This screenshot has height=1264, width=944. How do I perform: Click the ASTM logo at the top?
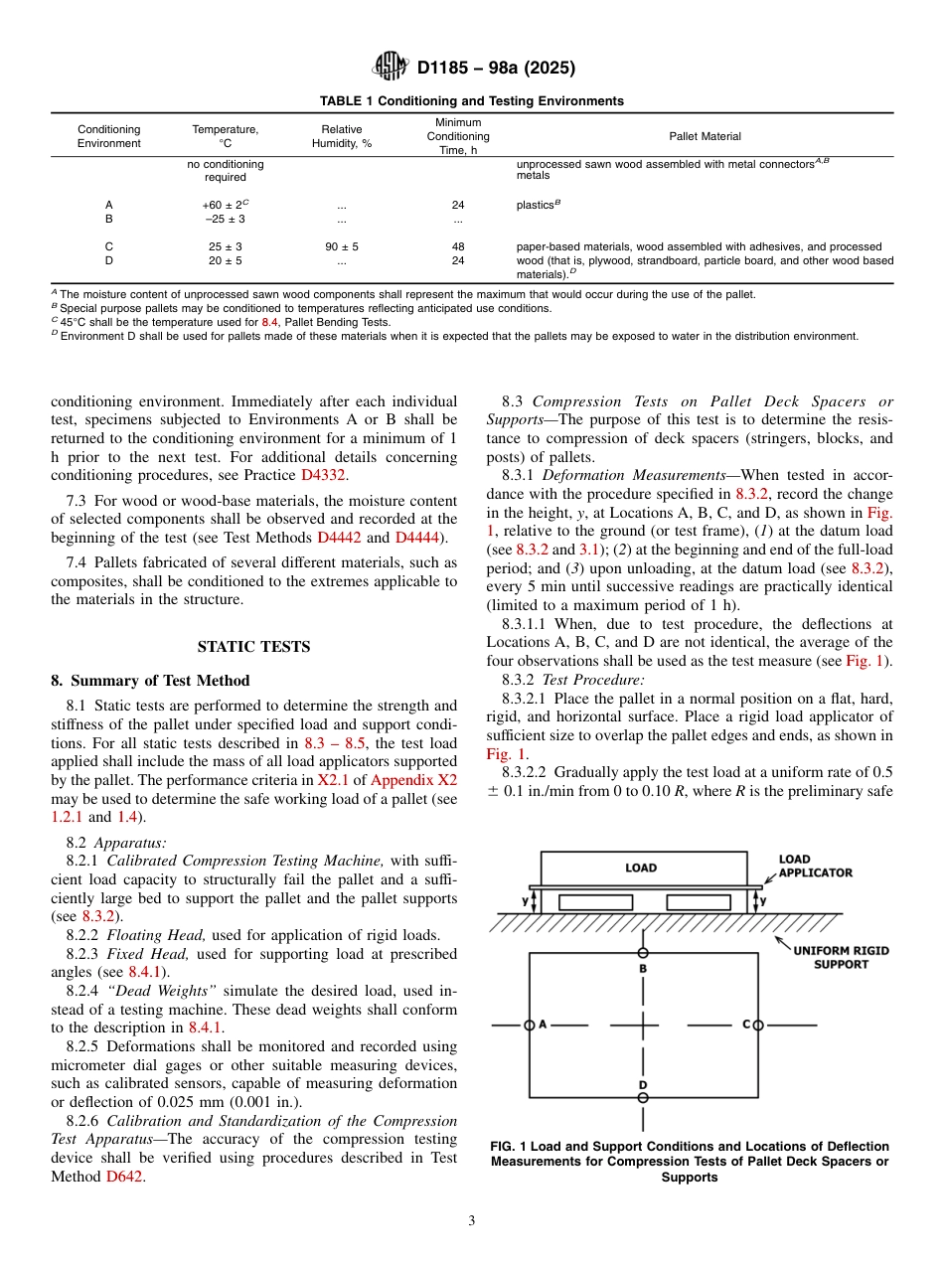click(x=390, y=68)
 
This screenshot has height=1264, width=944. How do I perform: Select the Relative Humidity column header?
click(x=341, y=136)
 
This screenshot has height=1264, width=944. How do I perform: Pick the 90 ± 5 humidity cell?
click(x=341, y=246)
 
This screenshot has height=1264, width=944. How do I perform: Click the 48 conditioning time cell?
click(x=458, y=246)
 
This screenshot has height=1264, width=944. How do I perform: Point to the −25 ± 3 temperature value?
click(x=224, y=219)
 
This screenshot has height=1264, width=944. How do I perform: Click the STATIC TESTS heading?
click(x=253, y=647)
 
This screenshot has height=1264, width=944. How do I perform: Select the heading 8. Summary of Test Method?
click(x=150, y=681)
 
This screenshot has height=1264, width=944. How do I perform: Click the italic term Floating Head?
click(x=144, y=935)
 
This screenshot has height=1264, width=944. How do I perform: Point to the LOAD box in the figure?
click(x=641, y=868)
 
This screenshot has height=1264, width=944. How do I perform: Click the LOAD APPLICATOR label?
click(x=815, y=866)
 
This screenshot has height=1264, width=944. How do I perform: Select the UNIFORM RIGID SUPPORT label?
click(x=841, y=957)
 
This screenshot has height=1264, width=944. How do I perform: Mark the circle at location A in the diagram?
click(x=530, y=1025)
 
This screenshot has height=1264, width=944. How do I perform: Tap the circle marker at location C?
click(x=757, y=1025)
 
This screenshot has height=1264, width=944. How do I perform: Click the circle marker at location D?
click(x=643, y=1097)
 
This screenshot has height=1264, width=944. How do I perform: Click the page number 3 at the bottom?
click(x=471, y=1221)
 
